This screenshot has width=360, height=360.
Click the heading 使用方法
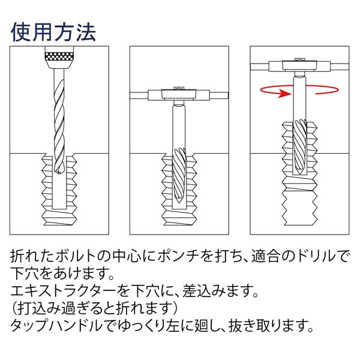click(53, 32)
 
